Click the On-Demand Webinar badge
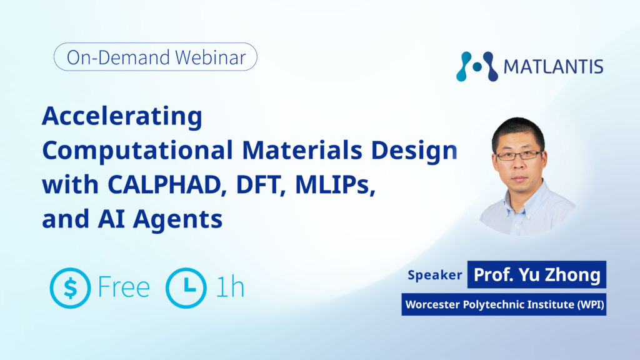(156, 57)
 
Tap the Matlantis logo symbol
(477, 66)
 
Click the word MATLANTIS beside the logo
(554, 67)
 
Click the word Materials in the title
(302, 150)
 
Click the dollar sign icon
(70, 288)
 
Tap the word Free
(124, 287)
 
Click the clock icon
(186, 288)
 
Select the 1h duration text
(230, 287)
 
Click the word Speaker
(435, 275)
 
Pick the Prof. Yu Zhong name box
(537, 275)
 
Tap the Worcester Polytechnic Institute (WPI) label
(504, 304)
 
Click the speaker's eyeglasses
(519, 156)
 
